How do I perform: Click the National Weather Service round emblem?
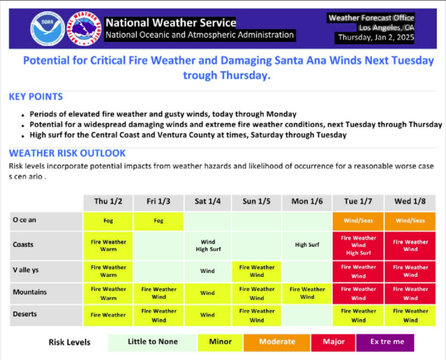pos(84,29)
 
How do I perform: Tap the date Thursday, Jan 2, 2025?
pos(375,38)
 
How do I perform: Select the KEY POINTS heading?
pos(36,97)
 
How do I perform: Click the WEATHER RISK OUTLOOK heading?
pos(67,153)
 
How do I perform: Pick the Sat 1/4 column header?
pos(208,202)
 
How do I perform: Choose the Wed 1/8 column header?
pos(410,202)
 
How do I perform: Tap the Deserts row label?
pos(25,314)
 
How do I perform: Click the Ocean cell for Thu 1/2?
pos(108,221)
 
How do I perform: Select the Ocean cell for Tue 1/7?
pos(358,221)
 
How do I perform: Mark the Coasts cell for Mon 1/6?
pos(307,245)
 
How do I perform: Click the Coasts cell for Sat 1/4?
pos(208,245)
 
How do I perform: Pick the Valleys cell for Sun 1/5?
pos(257,271)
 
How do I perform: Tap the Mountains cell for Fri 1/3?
pos(159,293)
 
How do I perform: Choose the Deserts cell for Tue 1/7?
pos(358,315)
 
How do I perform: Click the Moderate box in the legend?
pos(277,342)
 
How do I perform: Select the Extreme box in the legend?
pos(384,342)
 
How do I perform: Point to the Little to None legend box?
pos(153,342)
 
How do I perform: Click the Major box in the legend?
pos(333,342)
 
